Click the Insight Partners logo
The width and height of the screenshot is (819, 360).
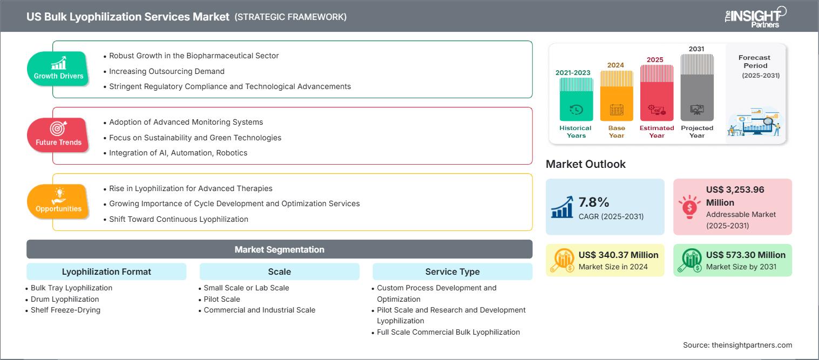pyautogui.click(x=755, y=16)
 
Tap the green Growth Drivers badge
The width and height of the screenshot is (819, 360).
pyautogui.click(x=58, y=69)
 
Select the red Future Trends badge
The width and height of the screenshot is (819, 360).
pyautogui.click(x=58, y=135)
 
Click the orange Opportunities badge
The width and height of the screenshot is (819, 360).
pyautogui.click(x=58, y=201)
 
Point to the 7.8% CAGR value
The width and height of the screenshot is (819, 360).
pyautogui.click(x=594, y=202)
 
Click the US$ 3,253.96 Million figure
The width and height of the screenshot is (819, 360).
pyautogui.click(x=735, y=196)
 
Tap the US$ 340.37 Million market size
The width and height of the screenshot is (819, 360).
pyautogui.click(x=618, y=255)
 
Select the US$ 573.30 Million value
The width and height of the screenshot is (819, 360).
pyautogui.click(x=746, y=255)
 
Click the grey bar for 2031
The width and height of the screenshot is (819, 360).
pyautogui.click(x=696, y=89)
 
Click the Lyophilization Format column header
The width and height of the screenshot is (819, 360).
pyautogui.click(x=106, y=271)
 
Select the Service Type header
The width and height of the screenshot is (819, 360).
pyautogui.click(x=452, y=271)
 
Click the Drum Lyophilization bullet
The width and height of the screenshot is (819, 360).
pyautogui.click(x=65, y=299)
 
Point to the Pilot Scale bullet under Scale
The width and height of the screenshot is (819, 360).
pyautogui.click(x=222, y=299)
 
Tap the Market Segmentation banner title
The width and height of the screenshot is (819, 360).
pyautogui.click(x=279, y=249)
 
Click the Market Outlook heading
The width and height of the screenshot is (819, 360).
pyautogui.click(x=585, y=164)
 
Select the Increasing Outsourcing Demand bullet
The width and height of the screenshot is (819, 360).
pyautogui.click(x=166, y=71)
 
